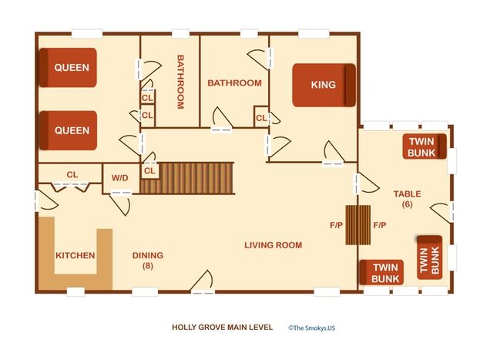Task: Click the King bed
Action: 324,85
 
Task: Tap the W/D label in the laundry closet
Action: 119,178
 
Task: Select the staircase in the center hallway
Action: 187,178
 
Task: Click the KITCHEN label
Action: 75,255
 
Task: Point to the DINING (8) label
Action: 148,261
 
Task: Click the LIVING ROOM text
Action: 273,245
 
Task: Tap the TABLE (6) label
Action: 407,199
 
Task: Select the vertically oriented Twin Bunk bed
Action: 430,257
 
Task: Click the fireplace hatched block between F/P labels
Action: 357,225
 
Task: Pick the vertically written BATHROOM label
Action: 180,82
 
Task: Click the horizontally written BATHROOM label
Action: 234,82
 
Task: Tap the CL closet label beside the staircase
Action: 149,170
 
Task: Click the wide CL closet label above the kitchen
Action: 72,175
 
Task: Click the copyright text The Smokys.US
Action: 311,328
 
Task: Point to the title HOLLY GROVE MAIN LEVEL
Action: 222,327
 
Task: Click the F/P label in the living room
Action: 336,225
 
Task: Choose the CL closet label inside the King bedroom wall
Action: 261,118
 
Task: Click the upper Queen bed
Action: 68,67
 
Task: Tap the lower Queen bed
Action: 68,130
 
